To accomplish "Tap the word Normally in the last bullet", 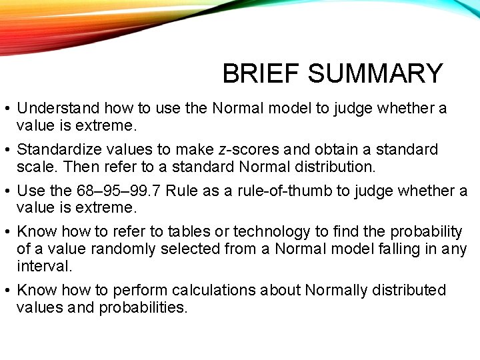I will [336, 290].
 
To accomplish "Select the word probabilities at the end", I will [143, 307].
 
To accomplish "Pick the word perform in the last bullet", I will [141, 290].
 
